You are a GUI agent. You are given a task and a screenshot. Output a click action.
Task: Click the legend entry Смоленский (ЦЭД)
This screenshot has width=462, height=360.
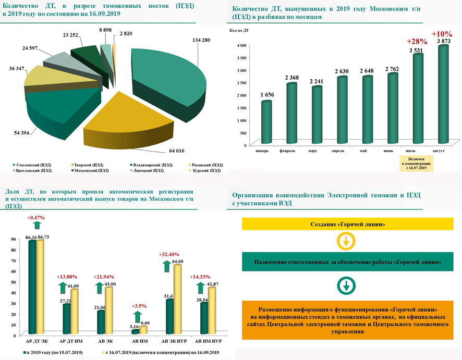click(x=34, y=165)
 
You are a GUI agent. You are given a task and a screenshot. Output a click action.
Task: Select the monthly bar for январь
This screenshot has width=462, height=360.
click(x=266, y=122)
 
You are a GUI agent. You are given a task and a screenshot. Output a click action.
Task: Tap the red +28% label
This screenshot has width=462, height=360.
click(x=417, y=41)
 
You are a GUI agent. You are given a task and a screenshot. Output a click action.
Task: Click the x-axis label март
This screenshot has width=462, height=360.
click(x=312, y=151)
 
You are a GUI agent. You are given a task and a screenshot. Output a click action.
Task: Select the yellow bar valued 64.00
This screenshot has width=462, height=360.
click(x=177, y=299)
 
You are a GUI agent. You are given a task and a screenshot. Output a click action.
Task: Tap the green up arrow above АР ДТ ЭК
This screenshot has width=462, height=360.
click(x=37, y=225)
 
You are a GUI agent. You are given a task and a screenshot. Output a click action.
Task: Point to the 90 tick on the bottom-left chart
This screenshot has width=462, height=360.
click(x=14, y=239)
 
